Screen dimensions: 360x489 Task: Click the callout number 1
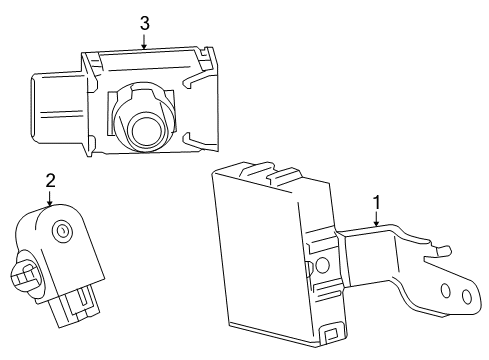point(376,204)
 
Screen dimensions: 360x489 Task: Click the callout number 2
point(50,180)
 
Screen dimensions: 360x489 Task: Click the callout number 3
point(145,22)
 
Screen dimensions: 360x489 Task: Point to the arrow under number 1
point(376,222)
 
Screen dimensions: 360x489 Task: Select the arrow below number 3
point(145,41)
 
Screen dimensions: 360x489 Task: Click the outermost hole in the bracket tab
point(466,296)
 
